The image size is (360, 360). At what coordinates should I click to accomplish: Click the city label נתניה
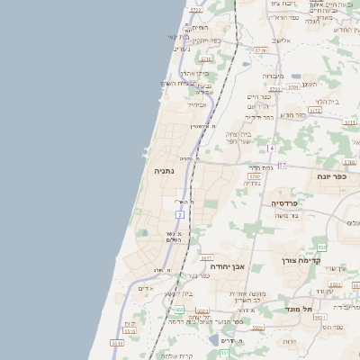click(x=164, y=170)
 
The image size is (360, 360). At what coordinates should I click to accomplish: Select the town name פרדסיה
click(x=285, y=204)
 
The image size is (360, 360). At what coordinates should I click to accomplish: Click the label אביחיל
click(x=197, y=104)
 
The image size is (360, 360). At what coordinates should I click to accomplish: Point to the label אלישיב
click(x=283, y=40)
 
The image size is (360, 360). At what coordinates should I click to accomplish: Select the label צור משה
click(x=284, y=216)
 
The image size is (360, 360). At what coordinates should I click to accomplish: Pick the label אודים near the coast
click(x=146, y=288)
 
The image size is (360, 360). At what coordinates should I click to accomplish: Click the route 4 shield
click(x=270, y=147)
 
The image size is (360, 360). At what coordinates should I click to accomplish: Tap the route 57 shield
click(x=281, y=166)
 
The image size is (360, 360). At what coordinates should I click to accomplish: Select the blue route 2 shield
click(x=180, y=214)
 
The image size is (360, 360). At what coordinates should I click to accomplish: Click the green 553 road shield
click(x=321, y=247)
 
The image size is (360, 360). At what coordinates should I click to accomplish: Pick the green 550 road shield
click(x=179, y=310)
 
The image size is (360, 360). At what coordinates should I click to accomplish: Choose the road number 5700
click(x=255, y=176)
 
